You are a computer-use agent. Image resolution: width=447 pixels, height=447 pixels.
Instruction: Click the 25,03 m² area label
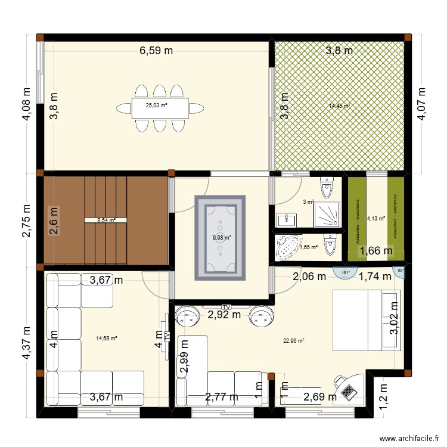pyautogui.click(x=157, y=106)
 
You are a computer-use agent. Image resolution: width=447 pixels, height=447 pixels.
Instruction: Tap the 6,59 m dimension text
pyautogui.click(x=156, y=51)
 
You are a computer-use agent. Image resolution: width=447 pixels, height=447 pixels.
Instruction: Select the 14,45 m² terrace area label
pyautogui.click(x=339, y=106)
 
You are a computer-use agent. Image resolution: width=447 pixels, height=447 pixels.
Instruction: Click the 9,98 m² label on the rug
pyautogui.click(x=221, y=236)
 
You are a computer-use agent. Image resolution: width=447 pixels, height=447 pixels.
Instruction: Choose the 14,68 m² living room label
pyautogui.click(x=107, y=339)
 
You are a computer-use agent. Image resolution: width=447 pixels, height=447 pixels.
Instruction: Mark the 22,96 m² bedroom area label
pyautogui.click(x=294, y=341)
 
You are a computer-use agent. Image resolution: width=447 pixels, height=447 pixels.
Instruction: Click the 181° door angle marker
pyautogui.click(x=344, y=273)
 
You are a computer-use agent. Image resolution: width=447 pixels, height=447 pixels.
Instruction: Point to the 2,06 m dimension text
pyautogui.click(x=309, y=276)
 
